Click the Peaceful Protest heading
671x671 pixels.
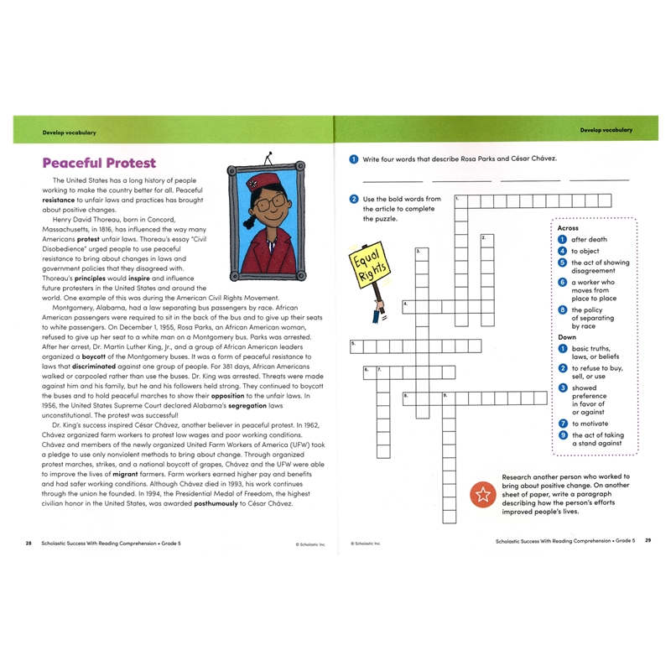click(x=99, y=163)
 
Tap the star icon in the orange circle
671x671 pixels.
click(x=483, y=495)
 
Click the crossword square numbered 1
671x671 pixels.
click(x=460, y=201)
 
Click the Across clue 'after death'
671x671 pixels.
click(x=589, y=240)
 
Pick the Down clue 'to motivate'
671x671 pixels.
click(x=590, y=424)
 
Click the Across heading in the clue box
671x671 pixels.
click(x=568, y=227)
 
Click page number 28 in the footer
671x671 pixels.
click(x=29, y=542)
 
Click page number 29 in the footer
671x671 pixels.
click(x=648, y=541)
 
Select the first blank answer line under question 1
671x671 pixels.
click(x=393, y=179)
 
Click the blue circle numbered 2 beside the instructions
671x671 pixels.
click(x=355, y=199)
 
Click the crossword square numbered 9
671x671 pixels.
click(x=447, y=397)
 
